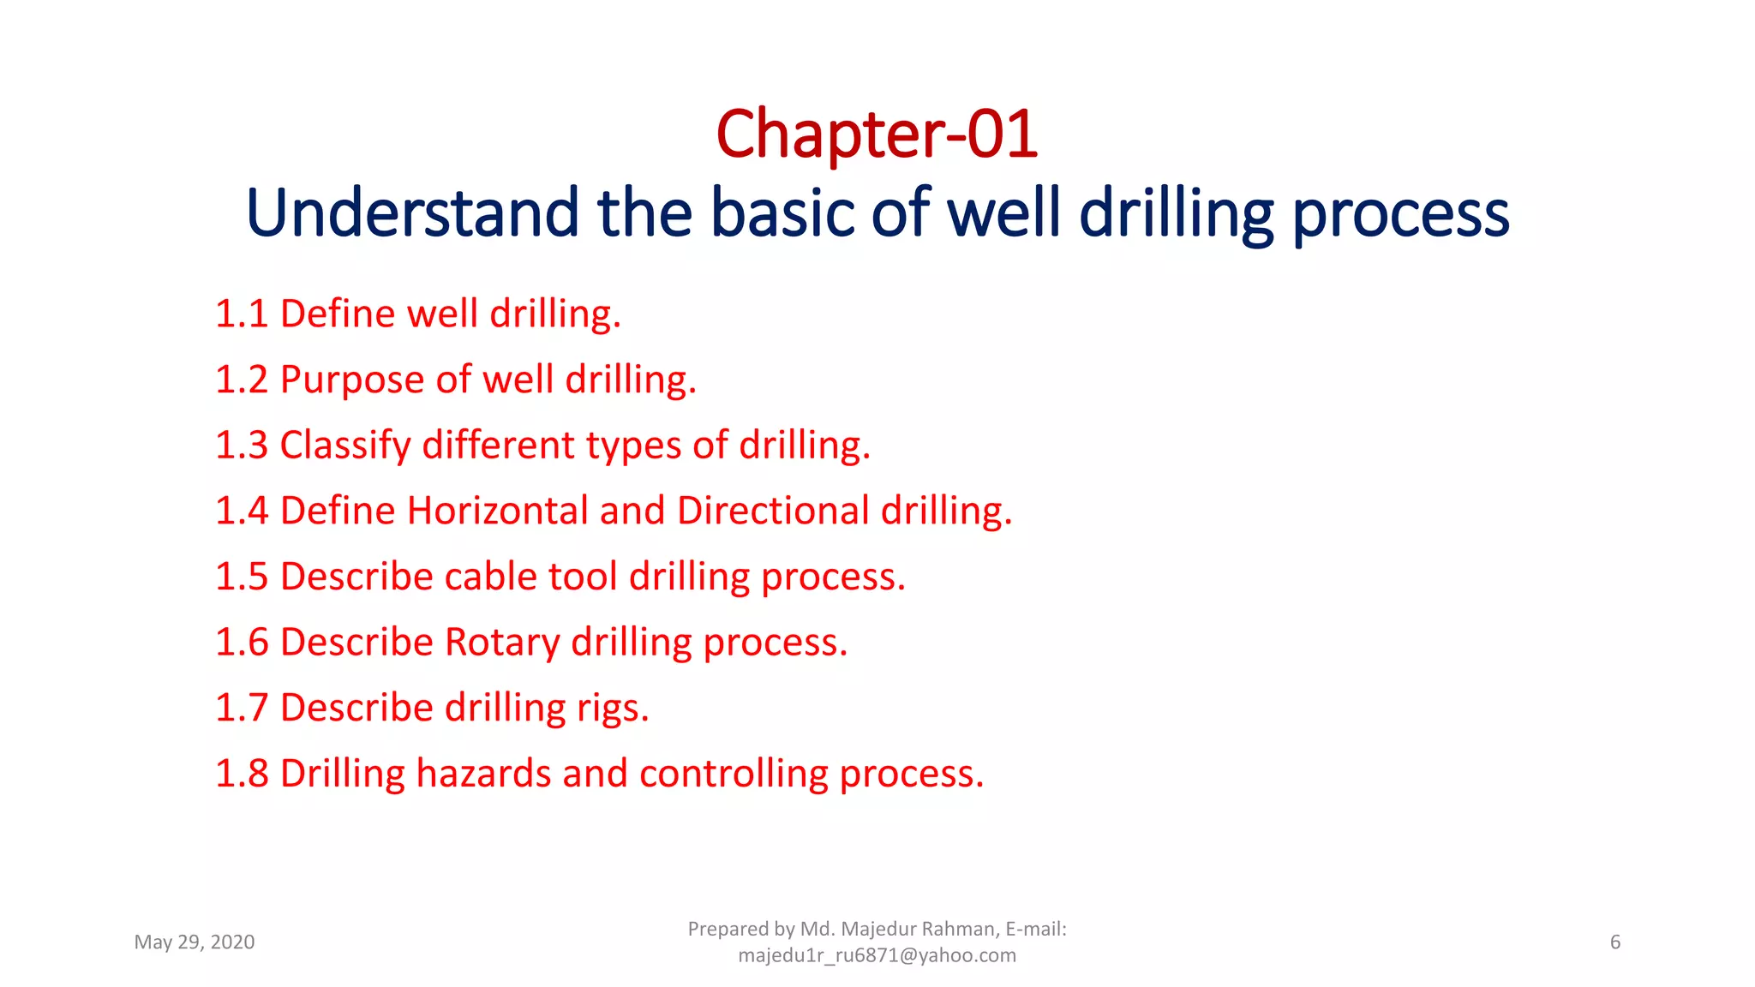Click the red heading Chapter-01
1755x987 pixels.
coord(877,135)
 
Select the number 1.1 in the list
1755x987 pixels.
coord(241,314)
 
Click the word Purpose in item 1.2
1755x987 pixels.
coord(352,380)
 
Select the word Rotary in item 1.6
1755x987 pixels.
coord(502,643)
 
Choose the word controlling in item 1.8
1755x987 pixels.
coord(734,774)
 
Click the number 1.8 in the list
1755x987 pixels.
coord(241,774)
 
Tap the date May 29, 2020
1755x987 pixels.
coord(195,942)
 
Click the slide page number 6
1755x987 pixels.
coord(1615,942)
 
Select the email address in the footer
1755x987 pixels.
coord(877,955)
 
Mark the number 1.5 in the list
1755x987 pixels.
coord(241,577)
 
